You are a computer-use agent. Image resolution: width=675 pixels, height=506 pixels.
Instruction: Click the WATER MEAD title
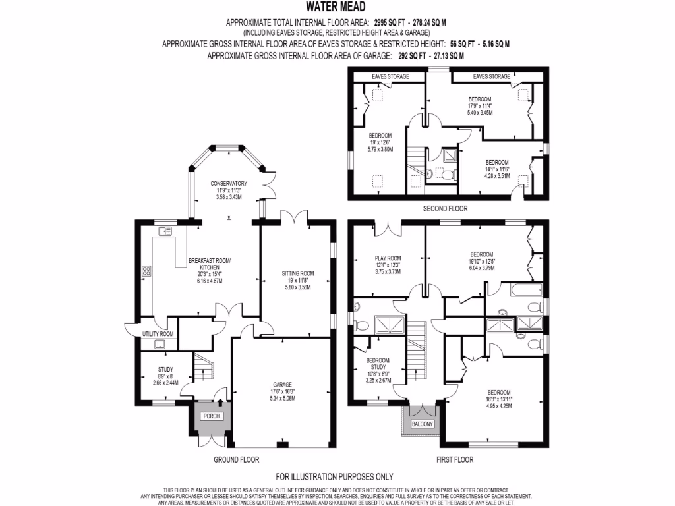point(337,10)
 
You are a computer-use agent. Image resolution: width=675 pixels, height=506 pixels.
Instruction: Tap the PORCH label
point(210,416)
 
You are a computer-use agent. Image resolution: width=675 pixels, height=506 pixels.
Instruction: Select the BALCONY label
point(422,424)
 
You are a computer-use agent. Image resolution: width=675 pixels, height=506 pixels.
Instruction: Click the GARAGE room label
point(283,384)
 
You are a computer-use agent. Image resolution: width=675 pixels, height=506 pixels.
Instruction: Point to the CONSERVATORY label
point(229,183)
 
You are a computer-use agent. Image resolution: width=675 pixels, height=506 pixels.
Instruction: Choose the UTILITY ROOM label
point(158,334)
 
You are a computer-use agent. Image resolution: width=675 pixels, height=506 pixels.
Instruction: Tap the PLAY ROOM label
point(388,258)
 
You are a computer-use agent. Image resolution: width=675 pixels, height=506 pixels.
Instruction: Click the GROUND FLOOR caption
point(236,460)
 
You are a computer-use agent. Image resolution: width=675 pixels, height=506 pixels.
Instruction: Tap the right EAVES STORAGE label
point(491,76)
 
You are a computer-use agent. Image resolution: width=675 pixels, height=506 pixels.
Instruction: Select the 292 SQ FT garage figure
point(403,56)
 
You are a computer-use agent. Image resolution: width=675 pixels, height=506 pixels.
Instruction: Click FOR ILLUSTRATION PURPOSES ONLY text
point(334,477)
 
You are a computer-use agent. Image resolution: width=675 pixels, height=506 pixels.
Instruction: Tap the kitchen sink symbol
point(165,231)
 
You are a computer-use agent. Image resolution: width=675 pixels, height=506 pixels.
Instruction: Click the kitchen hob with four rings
point(146,271)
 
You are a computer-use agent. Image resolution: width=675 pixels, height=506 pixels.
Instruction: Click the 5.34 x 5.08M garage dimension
point(283,399)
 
